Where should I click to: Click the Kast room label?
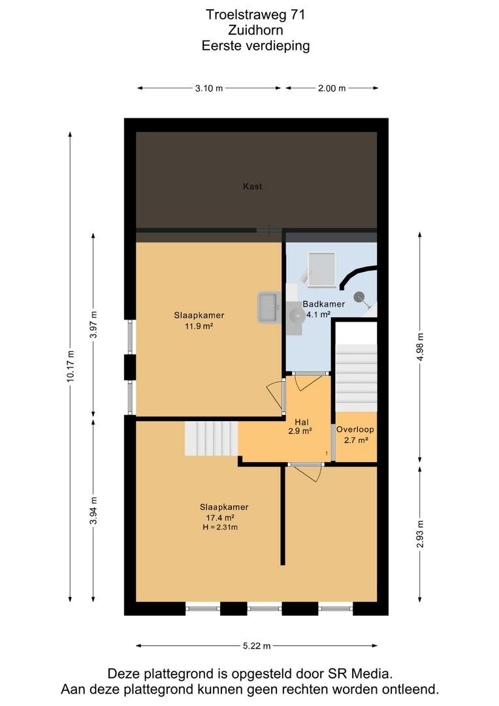pos(252,186)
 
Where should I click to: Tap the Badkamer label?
pos(323,304)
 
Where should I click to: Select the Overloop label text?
pos(355,429)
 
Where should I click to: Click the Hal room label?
pos(302,422)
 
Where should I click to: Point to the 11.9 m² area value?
pos(199,326)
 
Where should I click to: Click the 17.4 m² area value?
pos(220,518)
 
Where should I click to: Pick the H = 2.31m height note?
pos(220,528)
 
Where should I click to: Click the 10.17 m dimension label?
pos(70,366)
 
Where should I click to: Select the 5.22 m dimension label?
pos(257,646)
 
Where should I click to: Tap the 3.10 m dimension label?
pos(209,88)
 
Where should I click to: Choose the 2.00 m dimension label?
pos(332,88)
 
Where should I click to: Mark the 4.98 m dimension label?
pos(420,346)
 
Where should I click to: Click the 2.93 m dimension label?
pos(420,534)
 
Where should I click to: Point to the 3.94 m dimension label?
pos(93,511)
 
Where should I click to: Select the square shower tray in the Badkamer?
pos(322,269)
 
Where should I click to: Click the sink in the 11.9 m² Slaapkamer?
pos(269,307)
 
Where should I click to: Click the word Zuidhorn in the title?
pos(255,30)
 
